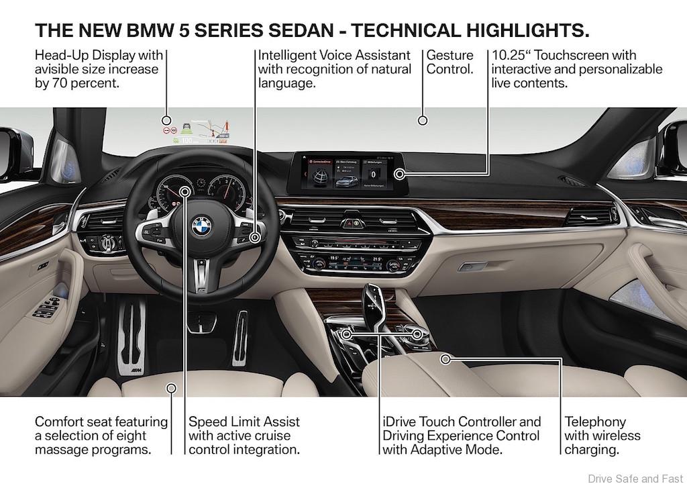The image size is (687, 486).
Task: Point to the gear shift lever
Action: (x=373, y=302)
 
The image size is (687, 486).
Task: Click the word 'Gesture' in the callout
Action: (x=450, y=55)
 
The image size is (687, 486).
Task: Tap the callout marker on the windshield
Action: (x=423, y=121)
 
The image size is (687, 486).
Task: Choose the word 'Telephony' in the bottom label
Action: (x=595, y=422)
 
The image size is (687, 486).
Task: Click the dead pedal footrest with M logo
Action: (x=131, y=336)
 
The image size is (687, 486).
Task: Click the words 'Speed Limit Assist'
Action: (x=244, y=422)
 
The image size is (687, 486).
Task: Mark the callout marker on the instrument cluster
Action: (x=185, y=192)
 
